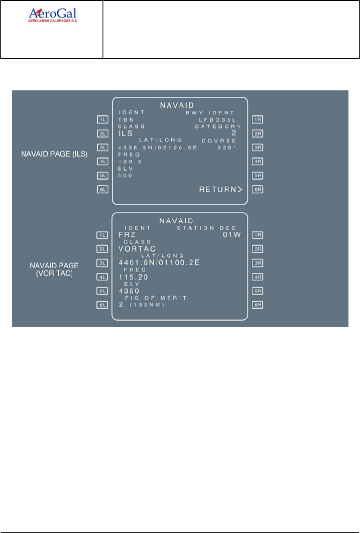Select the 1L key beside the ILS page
coord(103,119)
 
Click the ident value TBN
coord(125,120)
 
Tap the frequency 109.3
coord(127,162)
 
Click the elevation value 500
coord(125,176)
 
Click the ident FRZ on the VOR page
coord(128,234)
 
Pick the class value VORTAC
coord(137,248)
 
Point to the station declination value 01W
coord(232,234)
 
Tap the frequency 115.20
coord(133,277)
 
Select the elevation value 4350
coord(130,291)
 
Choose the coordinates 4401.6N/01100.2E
coord(159,262)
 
